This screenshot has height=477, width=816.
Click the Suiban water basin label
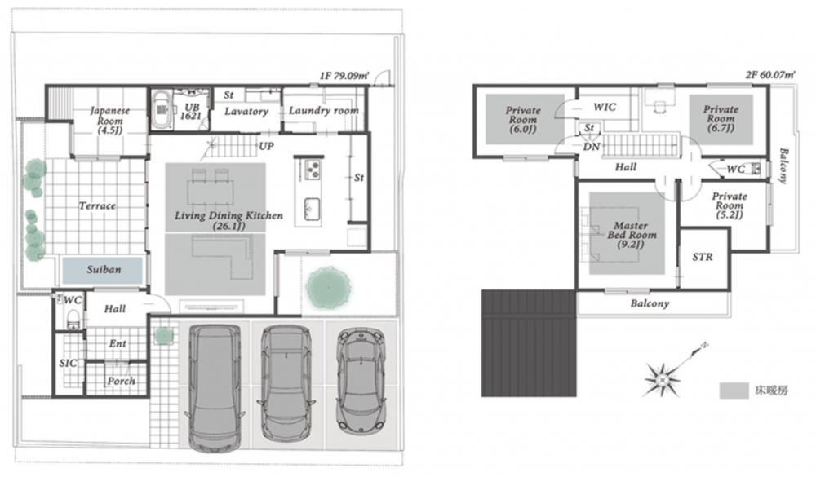[104, 269]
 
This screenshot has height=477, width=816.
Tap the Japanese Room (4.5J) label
[110, 120]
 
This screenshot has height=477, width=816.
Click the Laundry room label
[324, 110]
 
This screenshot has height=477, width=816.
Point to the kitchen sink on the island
[312, 209]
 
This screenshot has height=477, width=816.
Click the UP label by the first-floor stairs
[267, 146]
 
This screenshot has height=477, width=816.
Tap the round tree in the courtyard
[328, 287]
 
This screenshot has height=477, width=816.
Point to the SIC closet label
[68, 363]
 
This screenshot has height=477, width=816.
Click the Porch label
[122, 381]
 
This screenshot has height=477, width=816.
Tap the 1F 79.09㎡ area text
[344, 76]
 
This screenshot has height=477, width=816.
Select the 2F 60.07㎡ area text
[770, 74]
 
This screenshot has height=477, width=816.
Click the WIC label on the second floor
[605, 107]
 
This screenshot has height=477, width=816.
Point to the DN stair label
[591, 147]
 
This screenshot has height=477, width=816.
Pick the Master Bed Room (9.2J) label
[632, 235]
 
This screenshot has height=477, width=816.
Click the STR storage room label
[703, 257]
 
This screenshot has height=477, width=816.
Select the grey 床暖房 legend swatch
[734, 391]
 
